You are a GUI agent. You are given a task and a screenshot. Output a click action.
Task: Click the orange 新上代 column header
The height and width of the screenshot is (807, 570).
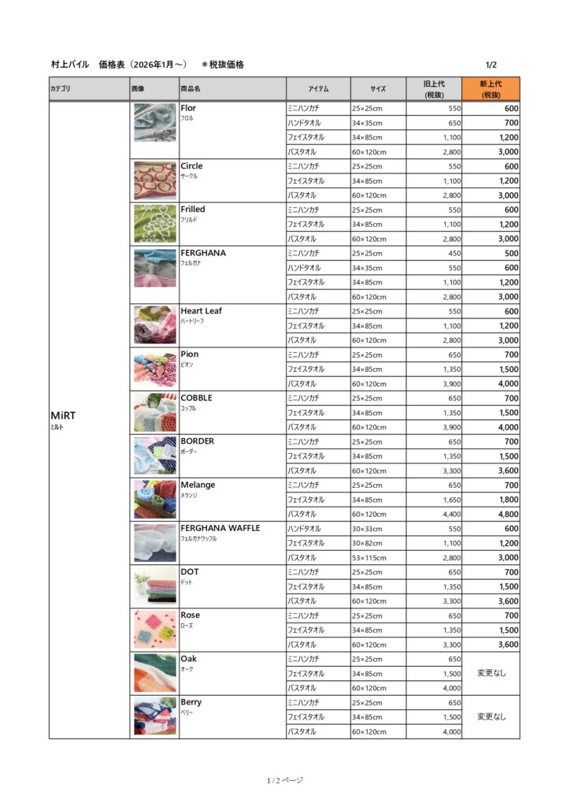coord(490,89)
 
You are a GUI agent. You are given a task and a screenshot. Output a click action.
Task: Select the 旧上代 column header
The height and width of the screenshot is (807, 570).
coord(434,89)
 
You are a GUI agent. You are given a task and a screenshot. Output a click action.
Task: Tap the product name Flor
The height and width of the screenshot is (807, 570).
coord(188,108)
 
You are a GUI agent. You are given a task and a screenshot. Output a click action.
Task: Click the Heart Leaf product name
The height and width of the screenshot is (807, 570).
coord(201,311)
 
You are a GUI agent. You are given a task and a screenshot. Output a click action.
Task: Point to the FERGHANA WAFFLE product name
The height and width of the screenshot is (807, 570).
coord(220,528)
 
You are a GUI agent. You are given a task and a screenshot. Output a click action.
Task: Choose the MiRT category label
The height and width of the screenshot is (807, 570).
coord(62,415)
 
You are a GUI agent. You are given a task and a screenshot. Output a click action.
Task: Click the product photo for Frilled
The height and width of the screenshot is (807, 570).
coord(154,224)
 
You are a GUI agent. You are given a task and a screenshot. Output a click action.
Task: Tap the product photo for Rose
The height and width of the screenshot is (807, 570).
coord(154,630)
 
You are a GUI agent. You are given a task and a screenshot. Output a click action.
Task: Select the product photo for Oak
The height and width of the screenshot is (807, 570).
coord(154,673)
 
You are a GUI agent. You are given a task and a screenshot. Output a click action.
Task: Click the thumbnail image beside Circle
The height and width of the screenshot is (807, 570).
coord(154,180)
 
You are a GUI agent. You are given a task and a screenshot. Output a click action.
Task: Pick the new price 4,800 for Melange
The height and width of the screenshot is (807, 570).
coord(506,514)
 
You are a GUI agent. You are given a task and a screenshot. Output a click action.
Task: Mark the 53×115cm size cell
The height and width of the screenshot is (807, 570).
coord(368,557)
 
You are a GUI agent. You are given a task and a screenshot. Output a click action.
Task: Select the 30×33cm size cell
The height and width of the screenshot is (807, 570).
coord(367,529)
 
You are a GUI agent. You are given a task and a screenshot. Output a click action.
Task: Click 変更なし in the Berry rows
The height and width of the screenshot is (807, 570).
coord(490,717)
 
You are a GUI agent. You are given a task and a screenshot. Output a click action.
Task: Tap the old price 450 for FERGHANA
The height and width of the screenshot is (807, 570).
coord(454,253)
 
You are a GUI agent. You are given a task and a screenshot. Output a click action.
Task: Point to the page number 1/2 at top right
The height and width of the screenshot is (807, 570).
coord(491,65)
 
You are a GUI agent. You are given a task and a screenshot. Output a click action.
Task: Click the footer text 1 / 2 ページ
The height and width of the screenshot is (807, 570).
coord(284,780)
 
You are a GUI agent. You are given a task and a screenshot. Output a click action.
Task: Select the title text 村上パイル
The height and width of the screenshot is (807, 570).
coord(71,65)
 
